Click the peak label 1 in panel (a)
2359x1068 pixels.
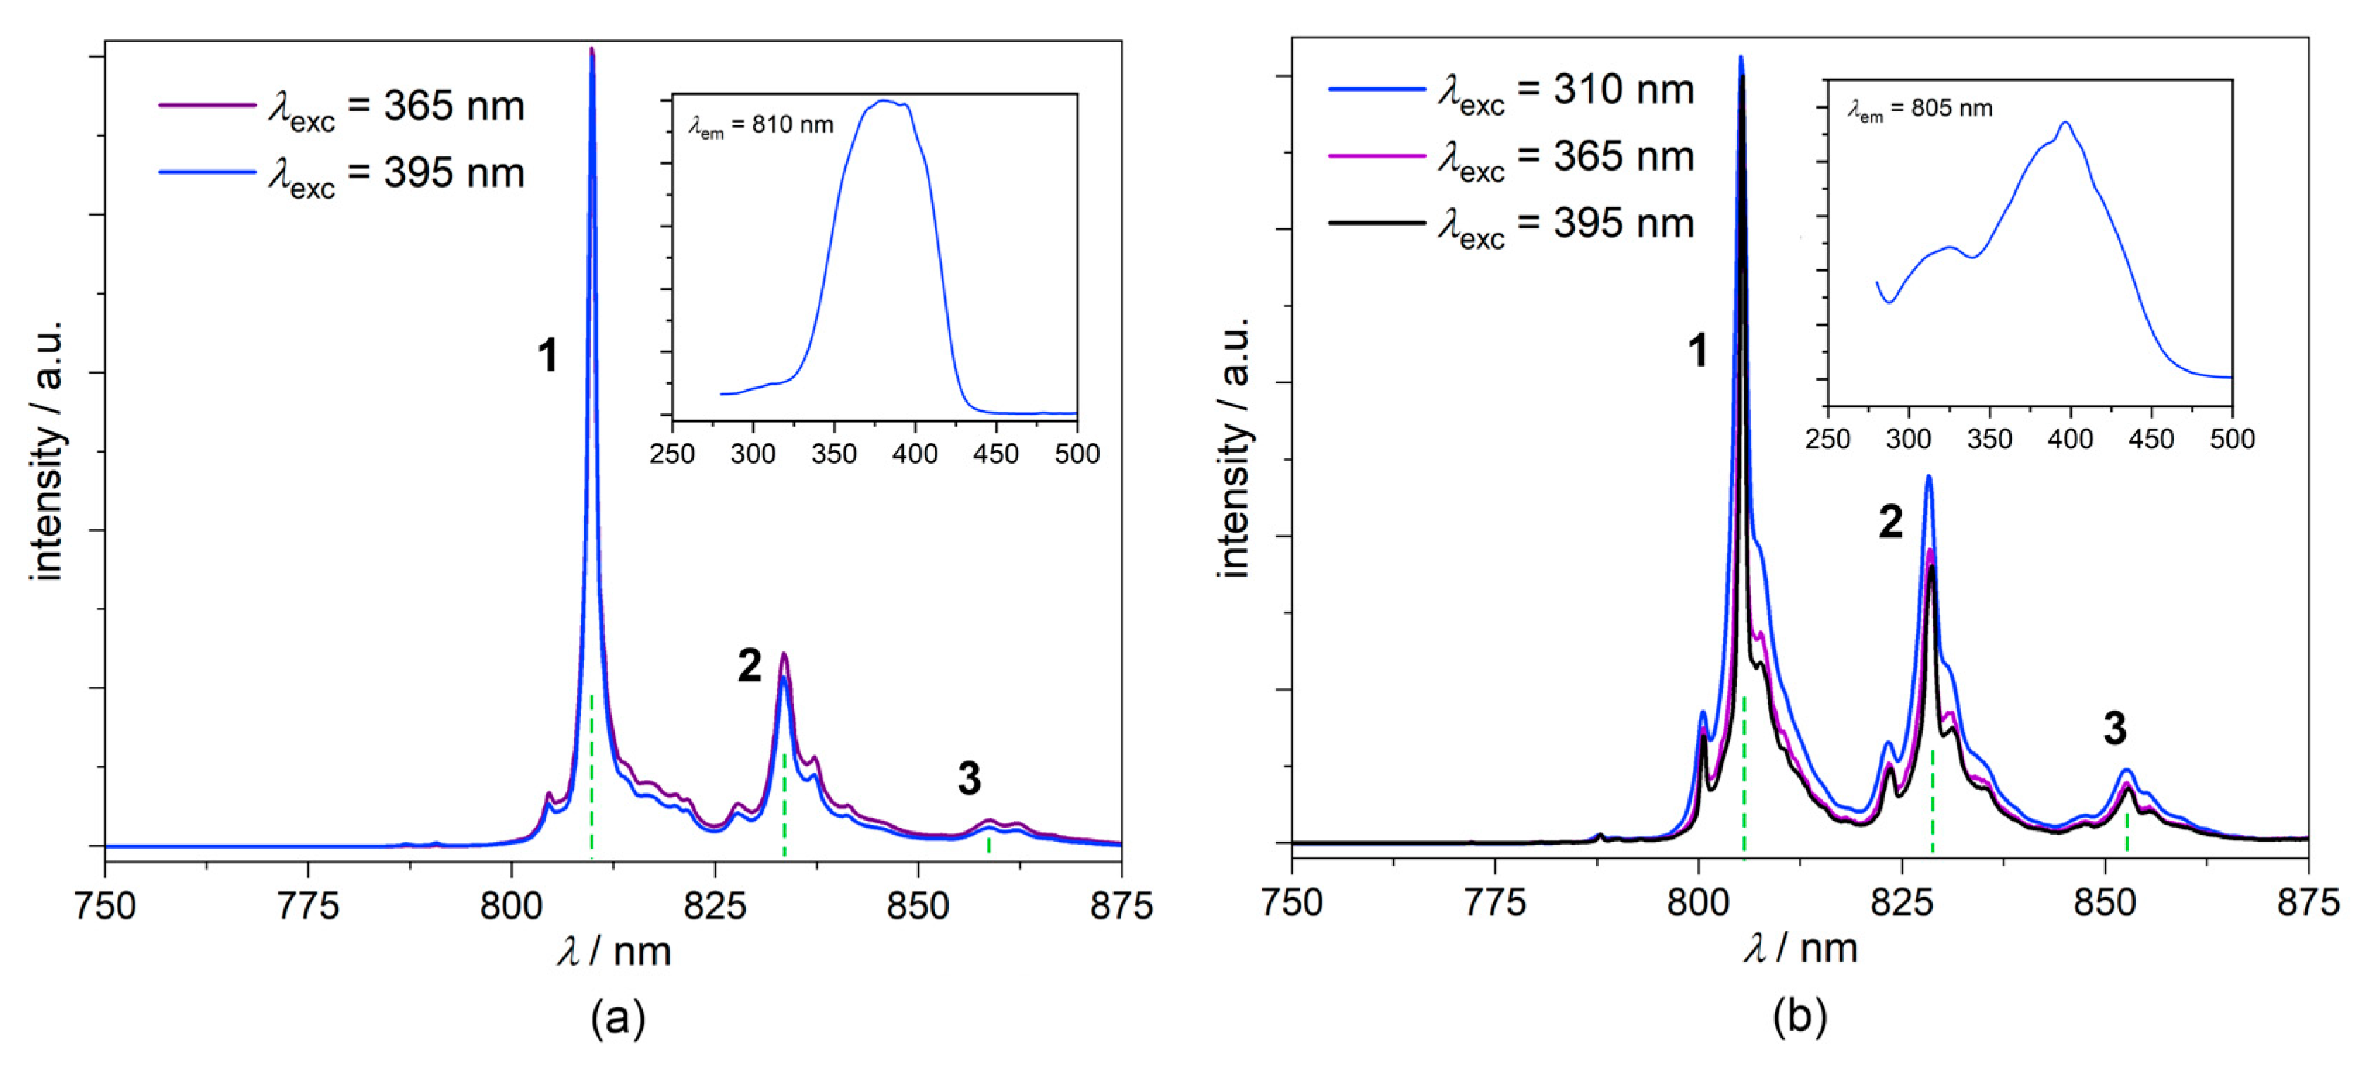pos(548,355)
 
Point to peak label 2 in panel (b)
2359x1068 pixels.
pos(1890,522)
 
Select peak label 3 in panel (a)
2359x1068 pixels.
pos(969,780)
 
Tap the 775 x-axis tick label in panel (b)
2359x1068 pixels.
pos(1494,903)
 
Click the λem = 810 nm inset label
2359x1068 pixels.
pos(761,126)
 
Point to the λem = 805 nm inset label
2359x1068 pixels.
pos(1919,110)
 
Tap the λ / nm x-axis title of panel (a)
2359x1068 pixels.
pos(614,952)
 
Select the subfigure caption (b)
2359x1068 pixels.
pos(1799,1017)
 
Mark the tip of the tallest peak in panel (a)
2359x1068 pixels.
pos(591,49)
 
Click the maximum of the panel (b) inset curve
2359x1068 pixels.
pos(2065,123)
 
